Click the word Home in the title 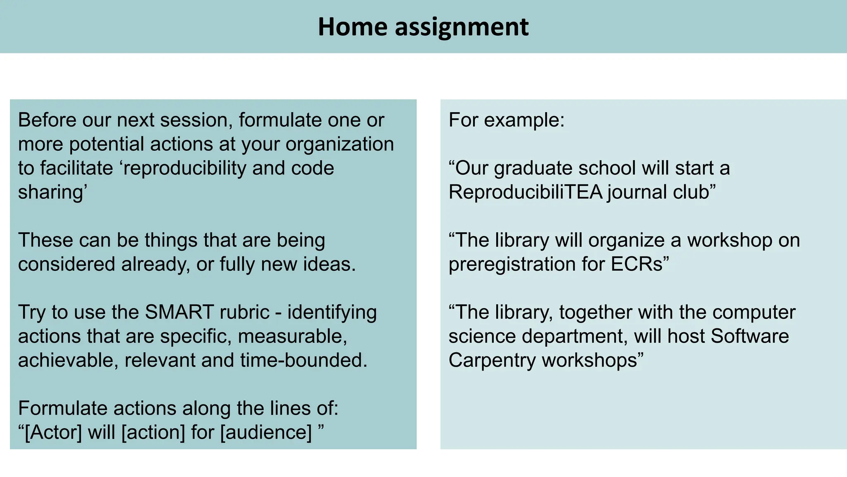pyautogui.click(x=352, y=27)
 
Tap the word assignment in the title pyautogui.click(x=462, y=28)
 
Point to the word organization pyautogui.click(x=340, y=145)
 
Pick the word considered pyautogui.click(x=67, y=264)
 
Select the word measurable pyautogui.click(x=292, y=336)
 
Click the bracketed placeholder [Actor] pyautogui.click(x=53, y=432)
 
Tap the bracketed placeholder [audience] pyautogui.click(x=266, y=432)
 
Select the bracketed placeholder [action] pyautogui.click(x=153, y=432)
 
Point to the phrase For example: pyautogui.click(x=507, y=120)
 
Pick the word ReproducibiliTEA pyautogui.click(x=525, y=192)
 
